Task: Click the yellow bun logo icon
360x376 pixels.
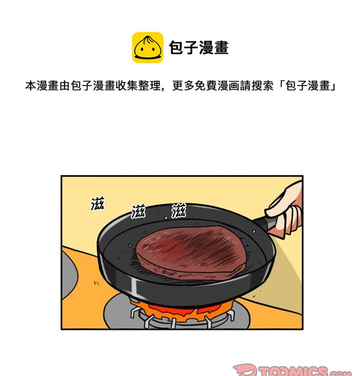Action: pyautogui.click(x=147, y=47)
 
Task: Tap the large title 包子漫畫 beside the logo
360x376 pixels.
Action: pyautogui.click(x=198, y=48)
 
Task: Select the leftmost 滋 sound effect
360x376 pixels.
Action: pyautogui.click(x=97, y=203)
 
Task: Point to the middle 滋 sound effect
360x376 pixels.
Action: pyautogui.click(x=138, y=211)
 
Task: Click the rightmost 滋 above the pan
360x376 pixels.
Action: pyautogui.click(x=178, y=211)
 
